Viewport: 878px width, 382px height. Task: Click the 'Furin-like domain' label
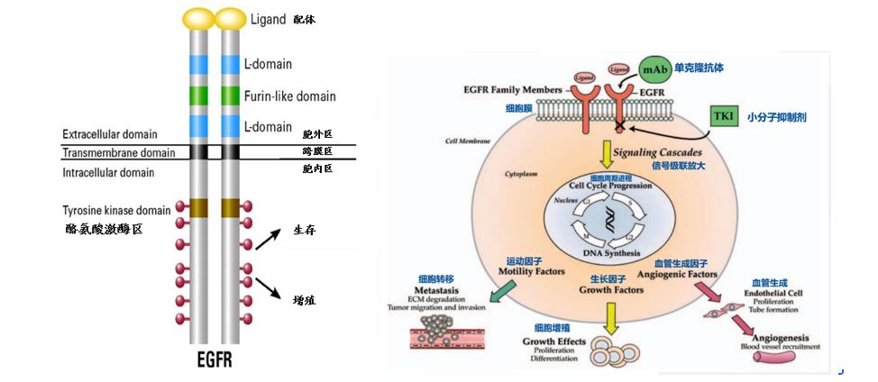(x=289, y=95)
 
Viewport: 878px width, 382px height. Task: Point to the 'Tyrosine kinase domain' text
(x=116, y=210)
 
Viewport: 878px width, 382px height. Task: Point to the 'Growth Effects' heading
(x=554, y=341)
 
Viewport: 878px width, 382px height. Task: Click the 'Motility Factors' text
(x=532, y=270)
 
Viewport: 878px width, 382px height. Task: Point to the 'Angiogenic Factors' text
(x=677, y=273)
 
